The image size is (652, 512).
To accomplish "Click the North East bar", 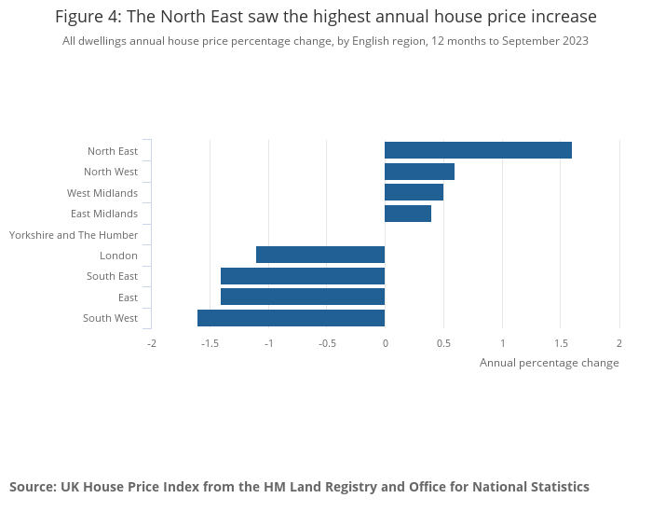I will coord(478,150).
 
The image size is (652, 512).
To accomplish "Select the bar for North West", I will coord(419,172).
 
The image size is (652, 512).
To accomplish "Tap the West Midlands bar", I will coord(414,192).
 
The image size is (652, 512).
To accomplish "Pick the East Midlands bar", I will coord(408,214).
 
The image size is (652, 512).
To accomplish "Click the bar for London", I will coord(320,255).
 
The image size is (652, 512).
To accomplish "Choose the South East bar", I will coord(303,276).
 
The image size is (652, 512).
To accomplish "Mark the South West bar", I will coord(291,318).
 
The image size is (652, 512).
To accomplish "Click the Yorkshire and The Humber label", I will coord(74,235).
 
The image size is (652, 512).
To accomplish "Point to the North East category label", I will coord(113,151).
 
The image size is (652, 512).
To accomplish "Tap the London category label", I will coord(118,256).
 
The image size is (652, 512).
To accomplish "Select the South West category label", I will coord(110,319).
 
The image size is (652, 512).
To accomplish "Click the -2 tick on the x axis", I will coord(152,342).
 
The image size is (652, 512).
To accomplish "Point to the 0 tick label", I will coord(385,342).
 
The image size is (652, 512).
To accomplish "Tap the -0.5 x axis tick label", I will coord(326,342).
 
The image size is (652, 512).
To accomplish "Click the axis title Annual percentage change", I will coord(549,363).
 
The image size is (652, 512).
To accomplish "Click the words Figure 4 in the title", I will coord(90,17).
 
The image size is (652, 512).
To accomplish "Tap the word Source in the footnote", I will coord(33,487).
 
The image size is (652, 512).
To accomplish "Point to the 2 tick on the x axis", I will coord(618,342).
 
